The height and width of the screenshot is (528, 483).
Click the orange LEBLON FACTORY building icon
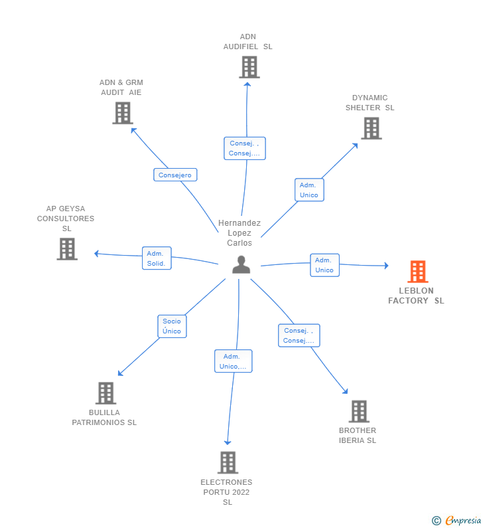coord(417,272)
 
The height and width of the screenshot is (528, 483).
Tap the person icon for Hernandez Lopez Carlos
coord(241,264)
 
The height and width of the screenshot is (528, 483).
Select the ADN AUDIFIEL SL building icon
coord(249,67)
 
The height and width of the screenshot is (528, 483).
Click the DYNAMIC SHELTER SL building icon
coord(371,128)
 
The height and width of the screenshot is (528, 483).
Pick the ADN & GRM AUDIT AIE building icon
coord(122,113)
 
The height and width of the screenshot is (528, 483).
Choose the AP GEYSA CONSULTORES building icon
coord(67,249)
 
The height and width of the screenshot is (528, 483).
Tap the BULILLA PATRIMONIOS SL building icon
coord(105,393)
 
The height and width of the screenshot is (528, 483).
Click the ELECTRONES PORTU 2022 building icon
coord(228,462)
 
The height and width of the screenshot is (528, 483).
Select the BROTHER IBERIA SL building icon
coord(358,411)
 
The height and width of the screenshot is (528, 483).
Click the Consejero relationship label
coord(175,175)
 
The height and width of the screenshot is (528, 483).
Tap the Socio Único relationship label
coord(172,326)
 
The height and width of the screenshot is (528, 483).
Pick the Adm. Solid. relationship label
coord(157,258)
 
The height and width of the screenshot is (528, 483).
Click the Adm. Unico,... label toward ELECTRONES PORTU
coord(233,361)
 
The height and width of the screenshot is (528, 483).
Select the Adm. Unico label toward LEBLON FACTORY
coord(324,265)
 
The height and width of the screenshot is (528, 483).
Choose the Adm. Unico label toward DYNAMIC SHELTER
coord(309,190)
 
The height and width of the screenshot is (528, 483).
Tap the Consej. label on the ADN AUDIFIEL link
coord(244,148)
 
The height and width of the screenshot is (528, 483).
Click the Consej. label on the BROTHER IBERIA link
coord(299,335)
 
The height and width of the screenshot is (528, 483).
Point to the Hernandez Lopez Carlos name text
coord(240,233)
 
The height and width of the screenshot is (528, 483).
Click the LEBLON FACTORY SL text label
coord(417,296)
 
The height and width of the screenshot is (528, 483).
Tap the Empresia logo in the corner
coord(457,520)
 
